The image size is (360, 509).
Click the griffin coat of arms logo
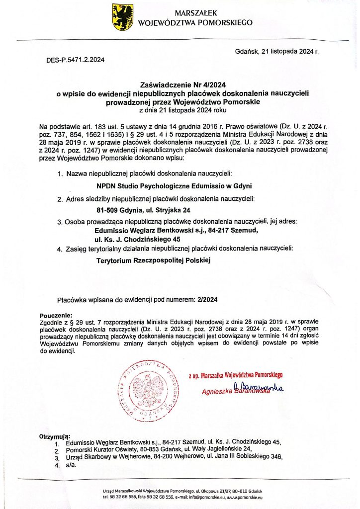coord(122,17)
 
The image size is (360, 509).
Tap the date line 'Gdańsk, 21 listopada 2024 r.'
coord(276,51)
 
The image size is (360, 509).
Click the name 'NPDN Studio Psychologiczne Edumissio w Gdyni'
coord(174,186)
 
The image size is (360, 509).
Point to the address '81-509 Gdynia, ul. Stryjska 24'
coord(141,210)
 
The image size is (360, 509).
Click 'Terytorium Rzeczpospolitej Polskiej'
coord(153,260)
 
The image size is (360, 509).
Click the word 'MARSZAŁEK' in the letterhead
coord(195,13)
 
